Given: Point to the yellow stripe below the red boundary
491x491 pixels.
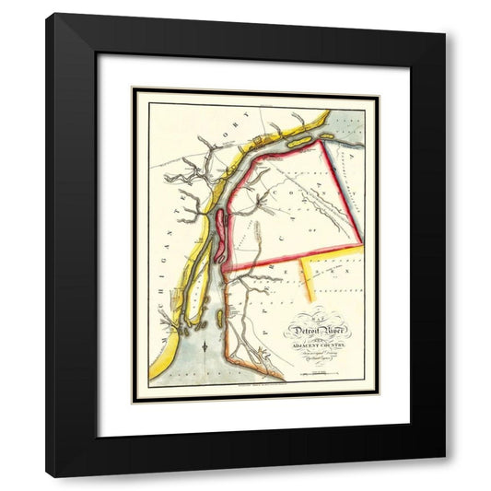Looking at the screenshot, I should tap(309, 281).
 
